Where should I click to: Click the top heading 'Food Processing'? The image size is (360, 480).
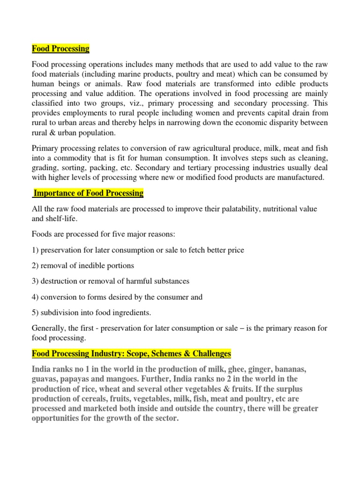tap(60, 49)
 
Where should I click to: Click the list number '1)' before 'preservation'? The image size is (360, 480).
tap(35, 250)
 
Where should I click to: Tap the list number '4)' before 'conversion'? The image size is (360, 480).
tap(35, 297)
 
